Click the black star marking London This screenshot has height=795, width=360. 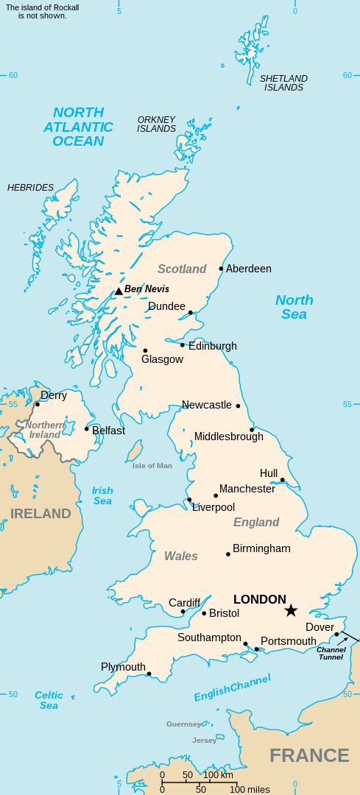[291, 610]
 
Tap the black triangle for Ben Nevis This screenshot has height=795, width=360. [119, 291]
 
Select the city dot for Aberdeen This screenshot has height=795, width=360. [221, 269]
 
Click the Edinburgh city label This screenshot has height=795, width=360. [213, 346]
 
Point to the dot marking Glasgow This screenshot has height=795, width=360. [145, 350]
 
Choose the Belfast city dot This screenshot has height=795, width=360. [86, 429]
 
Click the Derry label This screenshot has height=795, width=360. [54, 395]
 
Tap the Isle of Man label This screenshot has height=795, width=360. [152, 465]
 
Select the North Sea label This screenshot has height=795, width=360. [294, 307]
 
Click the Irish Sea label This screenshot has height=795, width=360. [103, 495]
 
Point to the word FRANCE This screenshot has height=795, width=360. [309, 755]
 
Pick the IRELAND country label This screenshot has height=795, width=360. [40, 513]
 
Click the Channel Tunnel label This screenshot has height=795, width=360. [331, 653]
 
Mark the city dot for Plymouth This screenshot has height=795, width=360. [149, 674]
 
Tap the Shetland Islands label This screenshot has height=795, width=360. [283, 82]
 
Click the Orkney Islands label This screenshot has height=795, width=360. [156, 124]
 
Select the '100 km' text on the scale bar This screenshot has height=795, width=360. [219, 774]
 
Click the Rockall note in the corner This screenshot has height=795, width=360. [42, 11]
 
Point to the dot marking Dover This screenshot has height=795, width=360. [336, 634]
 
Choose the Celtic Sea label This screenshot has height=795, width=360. [49, 700]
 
